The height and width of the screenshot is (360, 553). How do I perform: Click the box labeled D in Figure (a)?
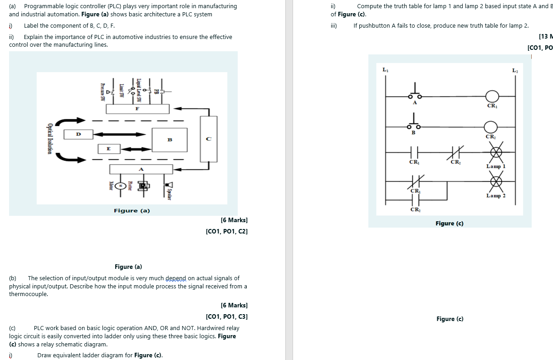pyautogui.click(x=78, y=134)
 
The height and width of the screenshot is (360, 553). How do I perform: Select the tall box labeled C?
pyautogui.click(x=208, y=139)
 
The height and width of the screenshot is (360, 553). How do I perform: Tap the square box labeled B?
pyautogui.click(x=169, y=139)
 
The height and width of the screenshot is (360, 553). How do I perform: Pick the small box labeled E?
pyautogui.click(x=108, y=148)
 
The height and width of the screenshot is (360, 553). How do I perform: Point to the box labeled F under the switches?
pyautogui.click(x=137, y=109)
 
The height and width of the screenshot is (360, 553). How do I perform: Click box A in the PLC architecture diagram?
pyautogui.click(x=141, y=169)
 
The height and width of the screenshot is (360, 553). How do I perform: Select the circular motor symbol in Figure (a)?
pyautogui.click(x=120, y=185)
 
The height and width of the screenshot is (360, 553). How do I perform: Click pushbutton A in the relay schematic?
pyautogui.click(x=414, y=93)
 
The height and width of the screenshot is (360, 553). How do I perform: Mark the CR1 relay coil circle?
pyautogui.click(x=492, y=96)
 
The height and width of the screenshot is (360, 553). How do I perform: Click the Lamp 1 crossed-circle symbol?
pyautogui.click(x=495, y=154)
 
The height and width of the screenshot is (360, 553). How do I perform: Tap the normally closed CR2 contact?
pyautogui.click(x=455, y=154)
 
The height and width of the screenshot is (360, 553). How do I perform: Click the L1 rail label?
pyautogui.click(x=385, y=70)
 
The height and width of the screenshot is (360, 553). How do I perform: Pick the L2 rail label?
pyautogui.click(x=515, y=70)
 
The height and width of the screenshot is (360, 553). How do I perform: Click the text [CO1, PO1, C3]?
pyautogui.click(x=226, y=316)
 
